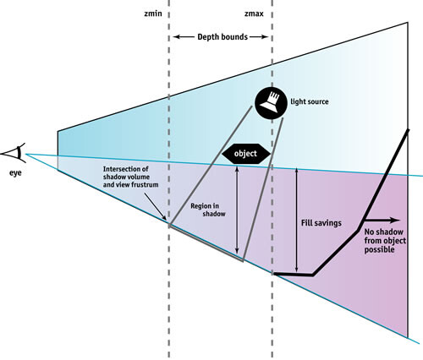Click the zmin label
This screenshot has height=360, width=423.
[x=153, y=14]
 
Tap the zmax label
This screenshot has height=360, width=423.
[x=254, y=14]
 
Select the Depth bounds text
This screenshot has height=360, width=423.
[x=222, y=37]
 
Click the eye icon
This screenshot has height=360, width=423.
[x=14, y=153]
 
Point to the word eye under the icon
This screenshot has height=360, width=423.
[x=15, y=172]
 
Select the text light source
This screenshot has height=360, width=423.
[x=310, y=101]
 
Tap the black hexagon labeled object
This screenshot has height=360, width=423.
[x=246, y=154]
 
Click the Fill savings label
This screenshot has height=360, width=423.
[x=321, y=223]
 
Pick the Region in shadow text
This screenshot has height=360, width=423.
[x=208, y=210]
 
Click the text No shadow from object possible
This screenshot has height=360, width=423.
[x=385, y=241]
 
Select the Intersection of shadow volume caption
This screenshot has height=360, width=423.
[x=130, y=177]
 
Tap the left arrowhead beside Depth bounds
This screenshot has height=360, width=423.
[x=176, y=37]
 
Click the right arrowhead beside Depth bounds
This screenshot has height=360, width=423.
[x=265, y=37]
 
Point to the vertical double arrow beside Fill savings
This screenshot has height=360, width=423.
[x=296, y=220]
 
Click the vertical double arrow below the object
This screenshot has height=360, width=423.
[x=237, y=210]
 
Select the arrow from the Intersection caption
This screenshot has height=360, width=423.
[x=155, y=206]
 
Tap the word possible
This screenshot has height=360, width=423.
[x=379, y=250]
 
